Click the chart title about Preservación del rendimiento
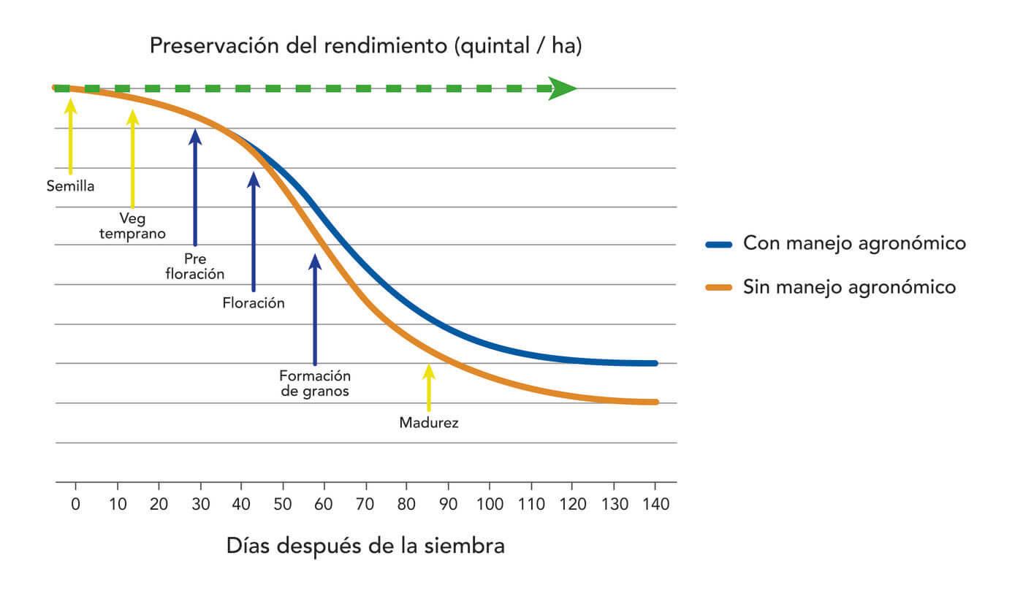pyautogui.click(x=365, y=46)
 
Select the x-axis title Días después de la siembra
pyautogui.click(x=365, y=546)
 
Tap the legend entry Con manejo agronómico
pyautogui.click(x=854, y=243)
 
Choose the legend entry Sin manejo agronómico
pyautogui.click(x=849, y=287)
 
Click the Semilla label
pyautogui.click(x=70, y=186)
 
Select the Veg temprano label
pyautogui.click(x=132, y=226)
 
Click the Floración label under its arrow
pyautogui.click(x=254, y=302)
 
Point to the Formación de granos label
pyautogui.click(x=315, y=383)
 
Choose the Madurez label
pyautogui.click(x=429, y=423)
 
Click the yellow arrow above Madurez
pyautogui.click(x=429, y=387)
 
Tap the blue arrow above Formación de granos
pyautogui.click(x=315, y=307)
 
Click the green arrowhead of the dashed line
pyautogui.click(x=563, y=88)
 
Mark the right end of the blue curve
pyautogui.click(x=655, y=363)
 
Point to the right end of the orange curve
pyautogui.click(x=655, y=402)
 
